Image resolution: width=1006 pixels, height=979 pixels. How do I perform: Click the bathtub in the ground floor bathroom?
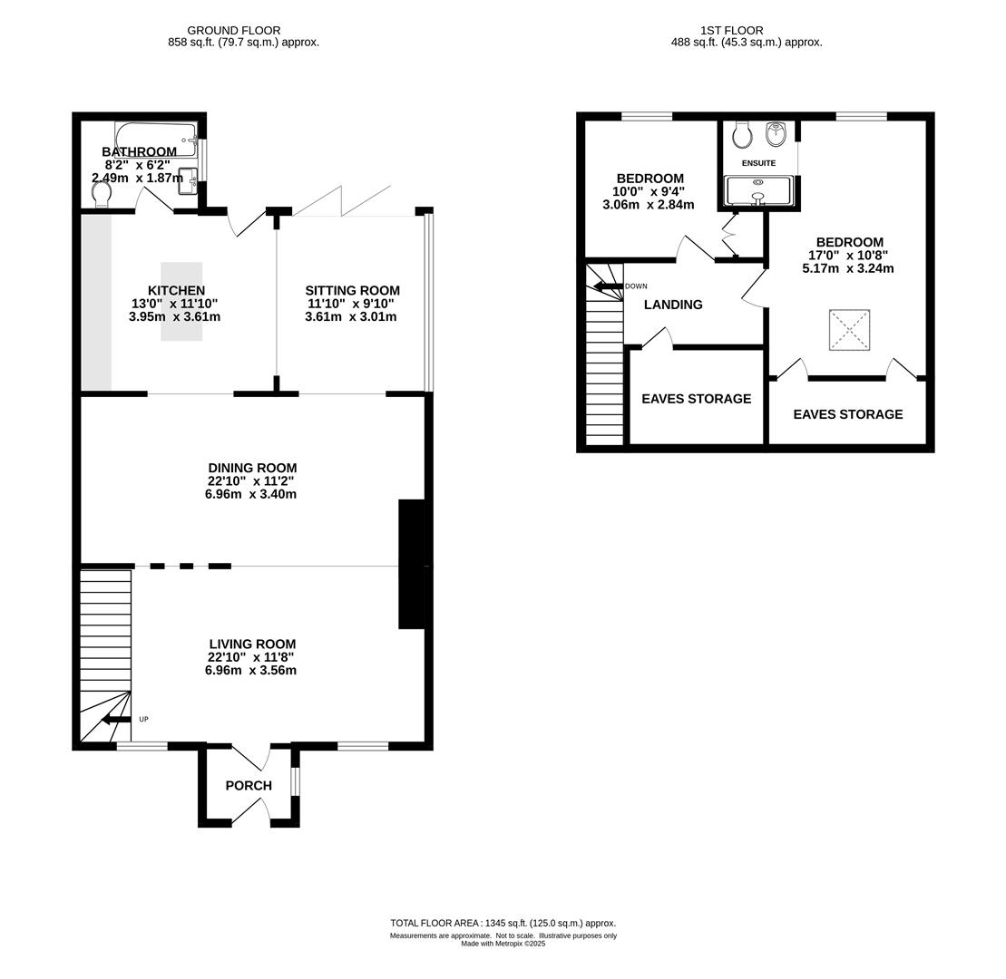click(156, 139)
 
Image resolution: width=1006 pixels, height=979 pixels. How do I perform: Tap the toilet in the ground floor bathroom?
click(102, 195)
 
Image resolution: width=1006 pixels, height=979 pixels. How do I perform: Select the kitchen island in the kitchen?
click(181, 301)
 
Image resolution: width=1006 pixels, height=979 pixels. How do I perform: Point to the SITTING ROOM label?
click(352, 290)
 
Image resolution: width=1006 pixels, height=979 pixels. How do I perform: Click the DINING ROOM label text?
click(252, 468)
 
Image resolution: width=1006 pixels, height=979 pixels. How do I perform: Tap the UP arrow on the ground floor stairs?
click(116, 720)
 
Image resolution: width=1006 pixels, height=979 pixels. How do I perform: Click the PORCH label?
click(249, 785)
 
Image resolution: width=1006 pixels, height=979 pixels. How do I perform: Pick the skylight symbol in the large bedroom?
click(849, 330)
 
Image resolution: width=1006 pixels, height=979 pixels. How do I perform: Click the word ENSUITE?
click(758, 163)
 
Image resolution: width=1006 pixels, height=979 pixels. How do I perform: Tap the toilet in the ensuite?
click(742, 133)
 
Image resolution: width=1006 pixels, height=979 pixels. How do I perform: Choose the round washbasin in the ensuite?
click(776, 133)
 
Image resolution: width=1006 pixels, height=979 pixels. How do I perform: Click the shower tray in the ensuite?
click(758, 191)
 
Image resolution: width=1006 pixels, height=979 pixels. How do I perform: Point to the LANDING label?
click(673, 305)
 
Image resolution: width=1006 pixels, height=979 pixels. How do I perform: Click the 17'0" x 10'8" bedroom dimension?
click(848, 255)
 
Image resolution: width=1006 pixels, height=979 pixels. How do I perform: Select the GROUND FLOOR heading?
click(233, 30)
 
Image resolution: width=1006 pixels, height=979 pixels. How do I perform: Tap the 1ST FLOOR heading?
click(731, 30)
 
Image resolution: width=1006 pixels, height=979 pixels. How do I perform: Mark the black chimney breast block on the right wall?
click(412, 564)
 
